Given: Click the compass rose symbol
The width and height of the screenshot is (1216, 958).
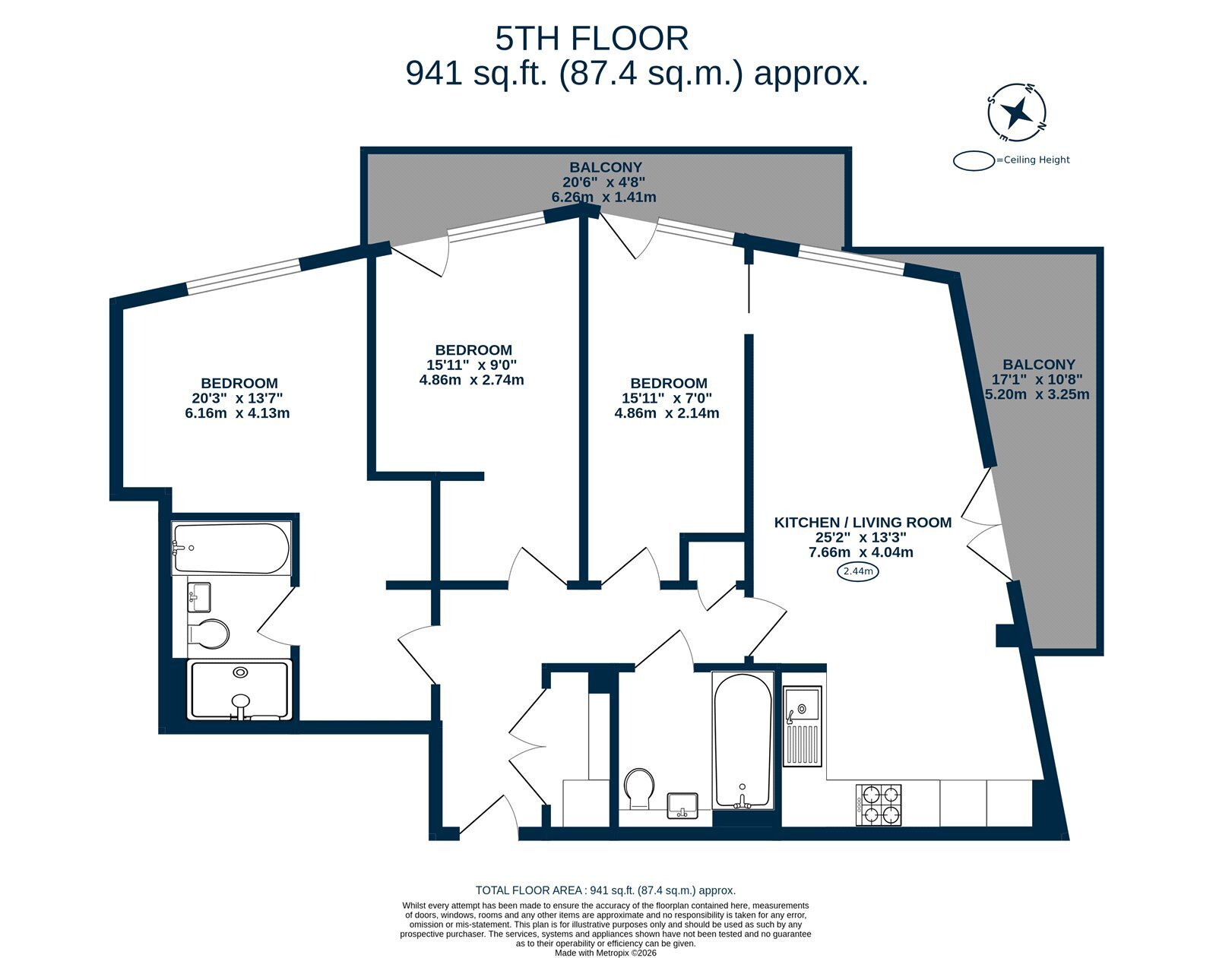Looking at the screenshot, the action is coord(1017,113).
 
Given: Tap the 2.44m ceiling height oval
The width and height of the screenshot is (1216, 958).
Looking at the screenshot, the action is coord(858,571).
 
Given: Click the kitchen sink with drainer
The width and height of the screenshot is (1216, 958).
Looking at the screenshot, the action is coord(802,726).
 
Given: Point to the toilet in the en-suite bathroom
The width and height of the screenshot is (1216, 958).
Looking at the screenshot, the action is coord(208,633).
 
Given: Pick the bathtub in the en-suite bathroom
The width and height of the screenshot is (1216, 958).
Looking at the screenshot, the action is coord(231,548).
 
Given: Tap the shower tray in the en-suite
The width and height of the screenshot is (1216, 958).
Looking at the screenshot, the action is coord(239,690).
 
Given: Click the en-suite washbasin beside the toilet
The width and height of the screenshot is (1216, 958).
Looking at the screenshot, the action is coord(199,597).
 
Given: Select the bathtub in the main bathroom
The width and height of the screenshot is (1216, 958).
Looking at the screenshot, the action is coord(742,740).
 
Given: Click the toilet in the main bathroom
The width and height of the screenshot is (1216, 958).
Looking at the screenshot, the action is coord(639,789).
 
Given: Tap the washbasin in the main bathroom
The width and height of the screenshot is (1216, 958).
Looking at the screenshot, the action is coord(682,805).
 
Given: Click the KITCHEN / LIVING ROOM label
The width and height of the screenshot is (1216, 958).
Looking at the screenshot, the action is coord(863,523).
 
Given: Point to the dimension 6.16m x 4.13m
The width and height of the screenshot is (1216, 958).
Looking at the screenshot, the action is coord(237,413).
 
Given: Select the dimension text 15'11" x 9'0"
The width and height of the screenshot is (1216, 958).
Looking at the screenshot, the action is coord(472,365).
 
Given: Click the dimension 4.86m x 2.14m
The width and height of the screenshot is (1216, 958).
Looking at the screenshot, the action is coord(667,413).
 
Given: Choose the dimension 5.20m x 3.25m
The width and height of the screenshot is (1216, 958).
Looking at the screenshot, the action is coord(1037,394).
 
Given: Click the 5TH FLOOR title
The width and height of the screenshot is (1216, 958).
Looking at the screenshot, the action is coord(591,39).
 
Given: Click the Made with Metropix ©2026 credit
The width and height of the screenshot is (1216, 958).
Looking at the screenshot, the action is coord(605,953).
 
